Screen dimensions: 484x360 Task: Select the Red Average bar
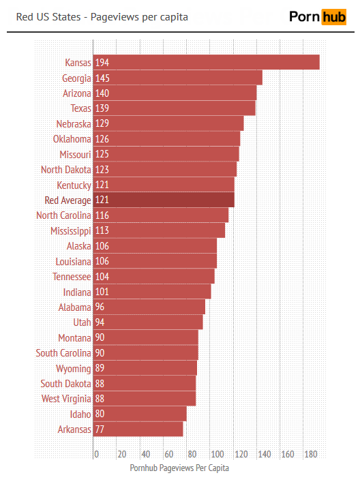point(164,200)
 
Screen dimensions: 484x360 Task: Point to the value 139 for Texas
point(102,108)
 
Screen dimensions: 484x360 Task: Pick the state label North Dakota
point(65,170)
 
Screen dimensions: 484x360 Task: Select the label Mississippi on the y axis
point(70,230)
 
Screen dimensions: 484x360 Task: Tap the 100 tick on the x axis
point(217,454)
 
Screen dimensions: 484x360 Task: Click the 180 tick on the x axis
point(310,454)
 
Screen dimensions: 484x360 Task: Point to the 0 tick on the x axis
point(96,454)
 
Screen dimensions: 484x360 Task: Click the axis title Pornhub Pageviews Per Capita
point(179,468)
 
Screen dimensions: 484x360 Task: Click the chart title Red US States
point(102,16)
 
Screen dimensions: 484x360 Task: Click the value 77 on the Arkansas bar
point(100,429)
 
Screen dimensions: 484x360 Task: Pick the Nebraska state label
point(74,123)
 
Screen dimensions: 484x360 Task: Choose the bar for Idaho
point(140,414)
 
